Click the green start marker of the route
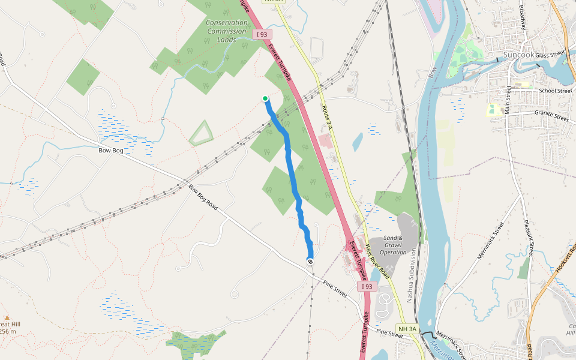tap(265, 98)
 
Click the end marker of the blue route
tap(310, 262)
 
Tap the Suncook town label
tap(518, 55)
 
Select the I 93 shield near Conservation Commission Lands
tap(262, 35)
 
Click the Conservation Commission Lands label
tap(226, 31)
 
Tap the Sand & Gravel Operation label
tap(393, 245)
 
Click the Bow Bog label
tap(111, 150)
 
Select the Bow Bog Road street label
tap(203, 197)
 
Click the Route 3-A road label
tap(327, 115)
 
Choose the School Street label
tap(555, 91)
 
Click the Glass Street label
tap(551, 55)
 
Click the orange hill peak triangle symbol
tap(7, 318)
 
